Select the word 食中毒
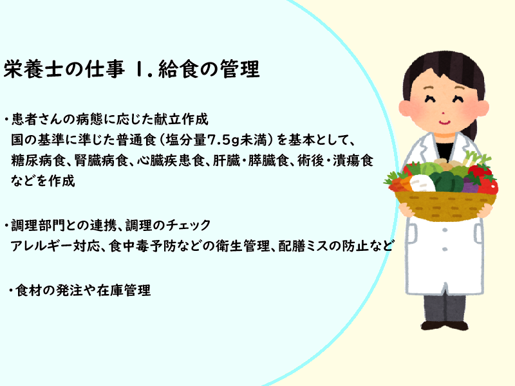pyautogui.click(x=129, y=246)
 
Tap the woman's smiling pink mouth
pyautogui.click(x=444, y=123)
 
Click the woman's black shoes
pyautogui.click(x=444, y=326)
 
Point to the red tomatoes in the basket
pyautogui.click(x=485, y=180)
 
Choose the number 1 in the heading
pyautogui.click(x=138, y=69)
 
